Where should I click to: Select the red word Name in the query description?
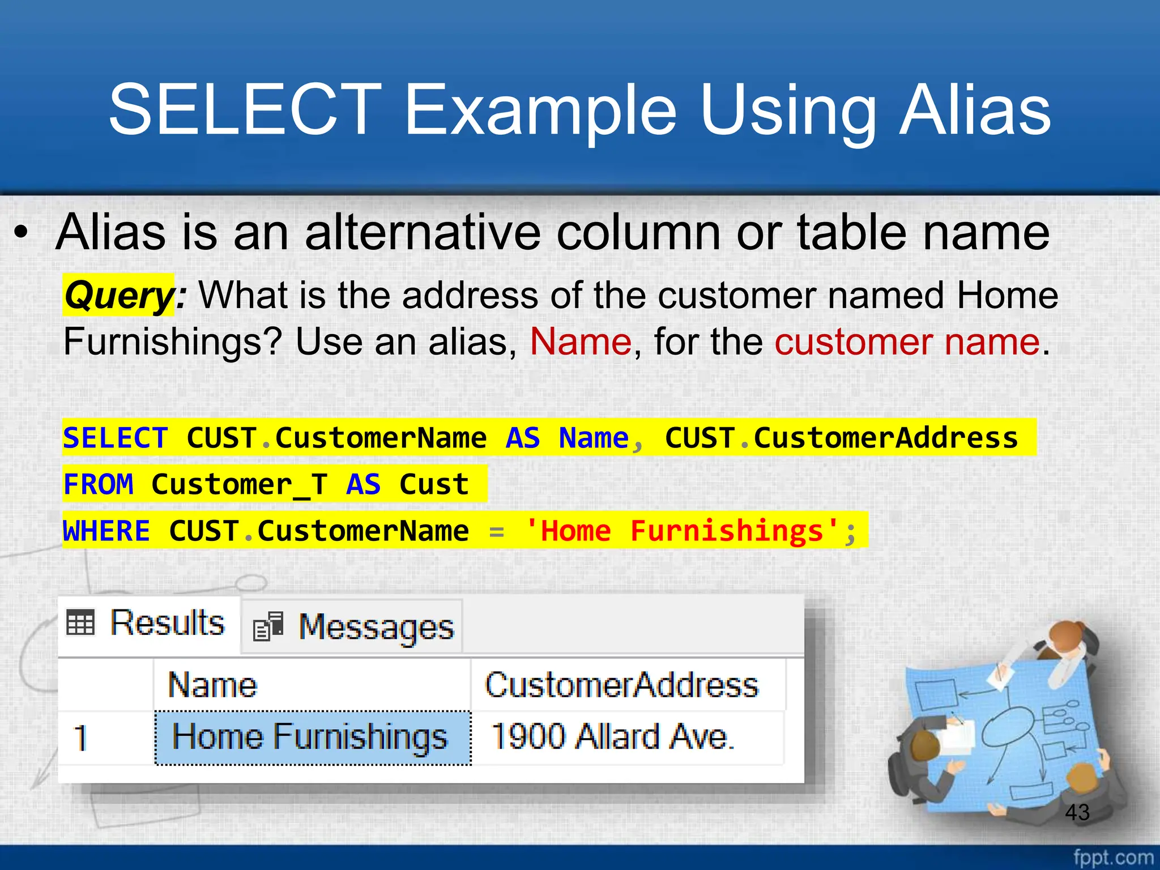(x=581, y=342)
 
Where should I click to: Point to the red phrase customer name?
(x=907, y=342)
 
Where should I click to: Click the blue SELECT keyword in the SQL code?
(x=116, y=438)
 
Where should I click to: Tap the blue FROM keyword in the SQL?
(x=99, y=484)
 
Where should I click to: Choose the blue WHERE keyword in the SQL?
(x=106, y=531)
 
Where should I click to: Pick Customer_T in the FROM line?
(x=239, y=484)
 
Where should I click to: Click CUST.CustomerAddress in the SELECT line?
(x=841, y=438)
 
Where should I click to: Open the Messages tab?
(x=352, y=628)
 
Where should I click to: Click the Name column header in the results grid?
(x=213, y=685)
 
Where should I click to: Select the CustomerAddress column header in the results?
(x=621, y=685)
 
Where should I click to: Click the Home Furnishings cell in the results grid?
(x=310, y=737)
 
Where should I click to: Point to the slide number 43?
(x=1077, y=812)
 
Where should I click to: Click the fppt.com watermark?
(x=1113, y=857)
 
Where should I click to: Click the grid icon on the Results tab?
(x=80, y=622)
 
